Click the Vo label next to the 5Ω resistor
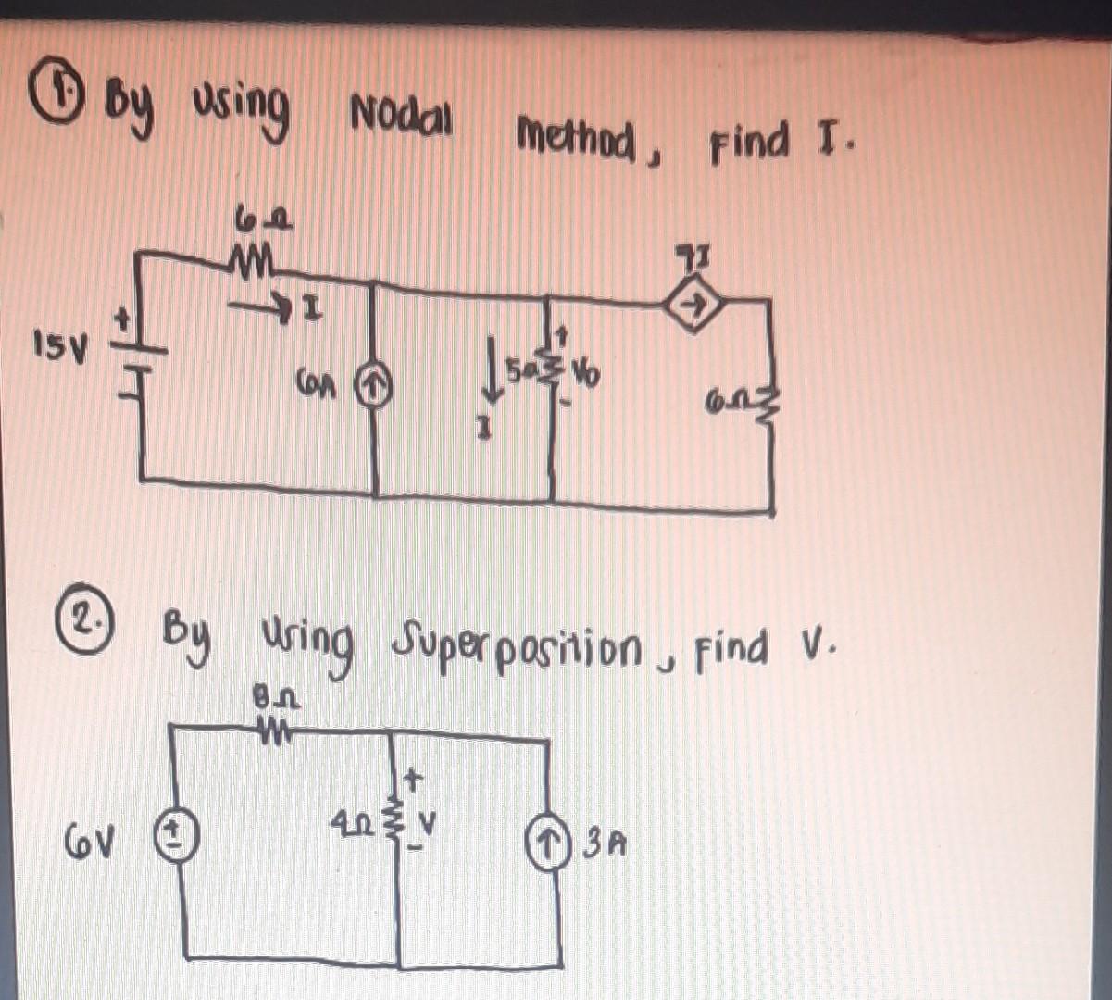coord(585,377)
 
